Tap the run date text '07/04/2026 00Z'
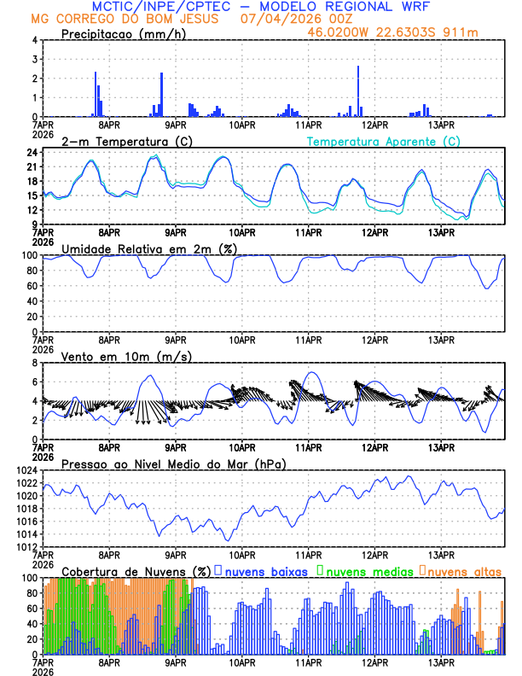click(284, 19)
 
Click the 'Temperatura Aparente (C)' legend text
click(384, 141)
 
